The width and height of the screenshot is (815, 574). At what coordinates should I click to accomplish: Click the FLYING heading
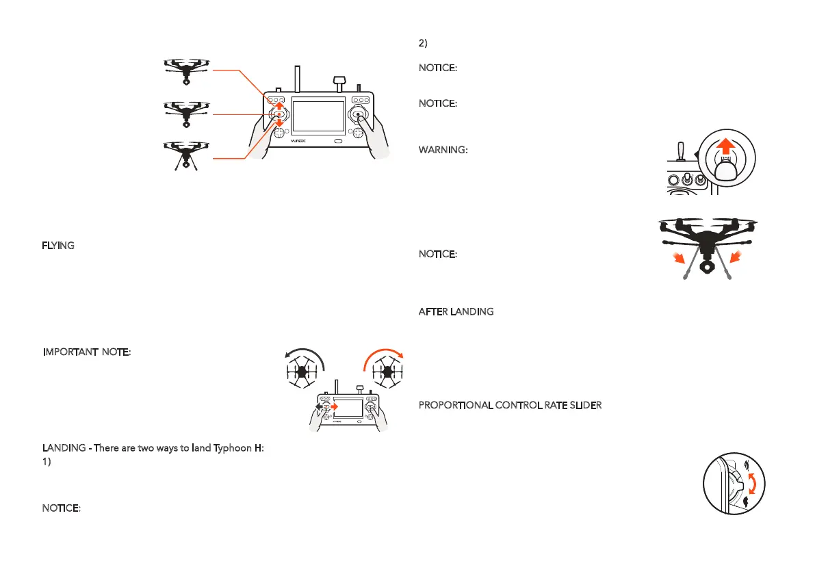[x=58, y=246]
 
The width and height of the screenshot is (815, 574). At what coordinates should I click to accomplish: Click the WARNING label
[x=443, y=151]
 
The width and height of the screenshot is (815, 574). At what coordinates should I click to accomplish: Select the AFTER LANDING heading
[x=456, y=312]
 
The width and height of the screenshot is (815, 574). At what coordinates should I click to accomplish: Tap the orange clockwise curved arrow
[x=384, y=356]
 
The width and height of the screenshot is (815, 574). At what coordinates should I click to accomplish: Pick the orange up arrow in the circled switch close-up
[x=727, y=148]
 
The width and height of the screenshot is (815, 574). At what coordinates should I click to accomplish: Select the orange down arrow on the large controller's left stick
[x=279, y=122]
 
